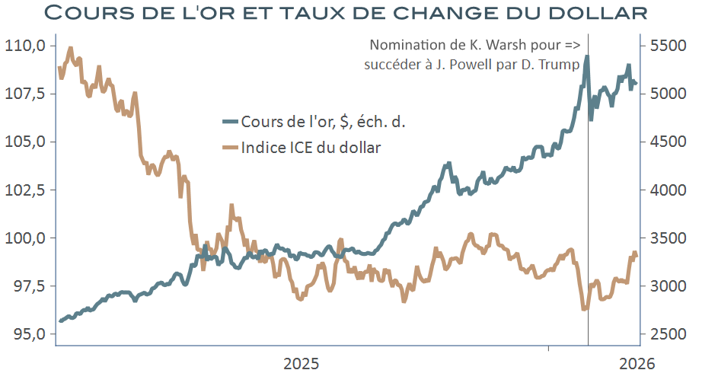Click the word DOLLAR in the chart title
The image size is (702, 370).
pos(586,14)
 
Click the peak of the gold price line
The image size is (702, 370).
pos(586,56)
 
